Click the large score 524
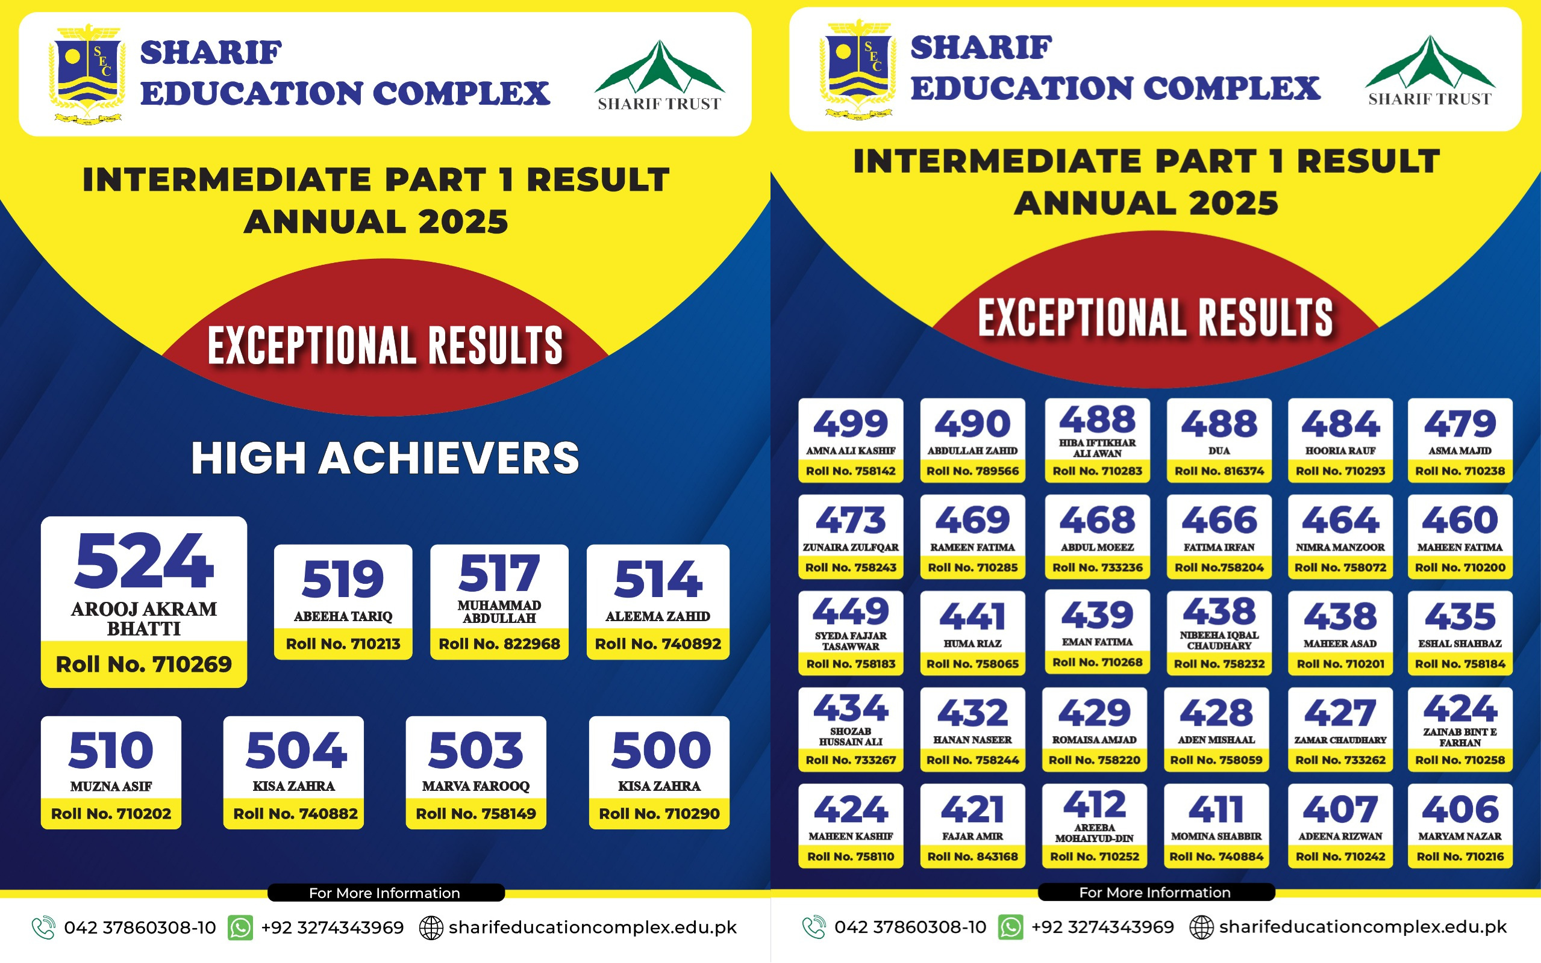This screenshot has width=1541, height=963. tap(144, 561)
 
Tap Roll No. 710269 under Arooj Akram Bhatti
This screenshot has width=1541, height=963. tap(144, 664)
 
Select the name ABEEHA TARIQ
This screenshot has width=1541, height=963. tap(343, 616)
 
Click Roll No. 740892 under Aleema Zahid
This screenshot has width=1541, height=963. tap(658, 644)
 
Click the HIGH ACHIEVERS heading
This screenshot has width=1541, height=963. tap(385, 458)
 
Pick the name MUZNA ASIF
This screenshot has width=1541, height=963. tap(111, 786)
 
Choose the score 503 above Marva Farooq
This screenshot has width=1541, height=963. tap(475, 750)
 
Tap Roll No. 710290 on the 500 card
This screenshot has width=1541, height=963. tap(659, 813)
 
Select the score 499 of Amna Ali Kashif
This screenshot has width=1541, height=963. tap(851, 424)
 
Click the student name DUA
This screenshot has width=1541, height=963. tap(1219, 450)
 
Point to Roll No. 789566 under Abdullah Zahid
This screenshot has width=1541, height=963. tap(972, 471)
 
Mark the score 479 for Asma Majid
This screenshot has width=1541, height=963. tap(1460, 424)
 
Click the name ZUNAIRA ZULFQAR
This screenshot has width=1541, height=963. tap(851, 547)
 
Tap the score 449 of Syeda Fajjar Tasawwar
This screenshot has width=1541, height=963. tap(851, 611)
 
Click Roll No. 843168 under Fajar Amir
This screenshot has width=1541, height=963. tap(972, 856)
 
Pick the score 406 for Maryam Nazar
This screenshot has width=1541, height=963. tap(1460, 809)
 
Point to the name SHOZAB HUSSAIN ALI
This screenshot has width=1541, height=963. tap(851, 736)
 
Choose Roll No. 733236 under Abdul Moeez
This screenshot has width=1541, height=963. tap(1098, 568)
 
